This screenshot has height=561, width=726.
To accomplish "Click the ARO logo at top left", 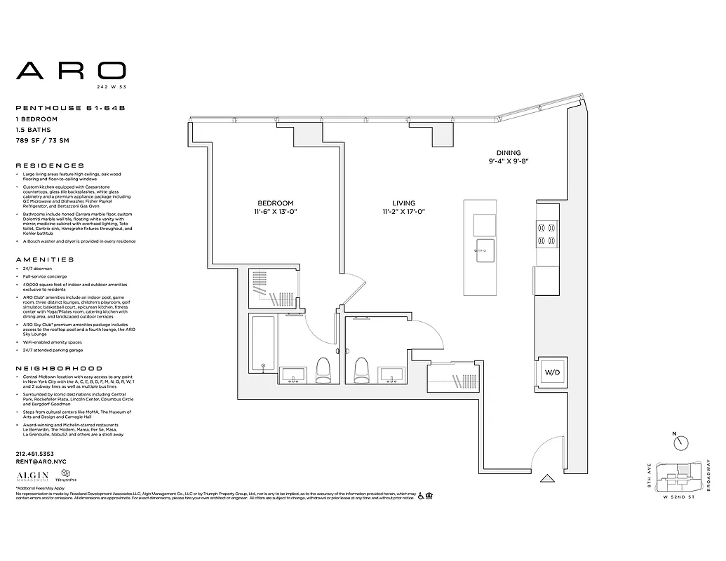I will [x=71, y=70].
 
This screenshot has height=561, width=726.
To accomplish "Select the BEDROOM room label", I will [x=276, y=203].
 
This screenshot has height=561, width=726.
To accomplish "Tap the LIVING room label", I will [x=403, y=203].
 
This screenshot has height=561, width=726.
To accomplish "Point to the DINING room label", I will [x=509, y=153].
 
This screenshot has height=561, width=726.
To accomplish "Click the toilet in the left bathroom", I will [x=323, y=370].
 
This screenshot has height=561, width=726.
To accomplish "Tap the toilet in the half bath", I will [x=362, y=370].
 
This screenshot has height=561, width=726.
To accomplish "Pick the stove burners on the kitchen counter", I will [x=546, y=234].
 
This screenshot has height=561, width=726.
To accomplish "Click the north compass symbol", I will [x=680, y=443].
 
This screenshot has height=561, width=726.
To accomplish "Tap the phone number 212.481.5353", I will [x=34, y=454].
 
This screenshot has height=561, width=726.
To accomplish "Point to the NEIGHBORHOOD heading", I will [x=58, y=368].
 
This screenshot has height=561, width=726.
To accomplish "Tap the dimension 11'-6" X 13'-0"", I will [x=276, y=212].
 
